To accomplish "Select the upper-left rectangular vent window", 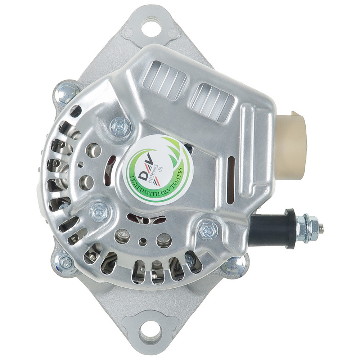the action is coord(165,79).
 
